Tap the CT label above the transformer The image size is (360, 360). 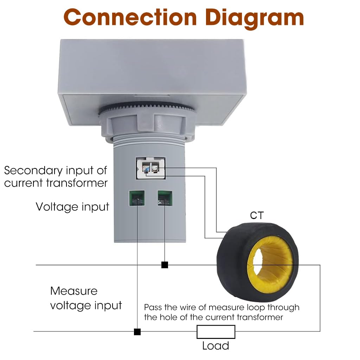(256, 215)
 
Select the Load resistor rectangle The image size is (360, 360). (216, 332)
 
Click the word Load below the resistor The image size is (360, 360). (216, 346)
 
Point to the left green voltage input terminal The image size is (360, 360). (136, 198)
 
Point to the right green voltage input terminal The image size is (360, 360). (165, 198)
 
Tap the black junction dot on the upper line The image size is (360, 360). (165, 265)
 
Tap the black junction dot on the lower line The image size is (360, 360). (137, 332)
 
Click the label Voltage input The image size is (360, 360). (72, 207)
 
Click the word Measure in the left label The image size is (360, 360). (74, 291)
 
